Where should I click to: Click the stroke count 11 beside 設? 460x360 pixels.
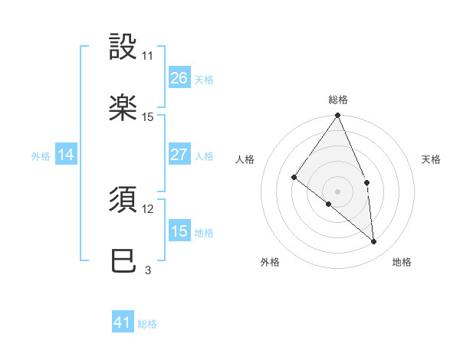tap(148, 56)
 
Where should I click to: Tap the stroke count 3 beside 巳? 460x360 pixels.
tap(148, 270)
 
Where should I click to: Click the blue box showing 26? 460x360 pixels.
tap(179, 78)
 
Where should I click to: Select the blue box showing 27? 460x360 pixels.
tap(179, 155)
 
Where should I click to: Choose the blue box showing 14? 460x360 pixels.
tap(66, 155)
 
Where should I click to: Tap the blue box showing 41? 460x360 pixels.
tap(123, 322)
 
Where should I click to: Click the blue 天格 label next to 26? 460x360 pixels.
tap(204, 80)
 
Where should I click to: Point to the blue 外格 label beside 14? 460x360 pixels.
tap(41, 156)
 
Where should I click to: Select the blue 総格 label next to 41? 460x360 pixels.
tap(147, 324)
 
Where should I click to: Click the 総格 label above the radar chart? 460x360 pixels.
tap(338, 100)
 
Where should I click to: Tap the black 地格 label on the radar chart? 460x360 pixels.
tap(402, 262)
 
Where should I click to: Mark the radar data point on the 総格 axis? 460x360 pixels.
tap(338, 116)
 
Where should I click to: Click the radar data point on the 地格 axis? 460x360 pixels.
tap(374, 241)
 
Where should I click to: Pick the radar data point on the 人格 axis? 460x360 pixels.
tap(294, 178)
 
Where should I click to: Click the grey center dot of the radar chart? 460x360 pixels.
tap(338, 191)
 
